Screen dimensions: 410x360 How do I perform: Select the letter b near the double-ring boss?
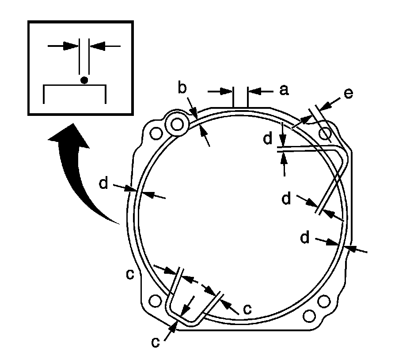coord(182,88)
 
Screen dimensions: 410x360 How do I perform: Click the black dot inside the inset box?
coord(84,80)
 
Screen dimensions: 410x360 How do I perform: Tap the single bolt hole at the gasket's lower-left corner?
coord(155,301)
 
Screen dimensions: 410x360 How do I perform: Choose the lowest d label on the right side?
coord(304,238)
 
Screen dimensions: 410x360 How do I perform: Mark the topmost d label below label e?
coord(267,139)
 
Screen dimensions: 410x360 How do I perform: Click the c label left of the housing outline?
coord(129,274)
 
